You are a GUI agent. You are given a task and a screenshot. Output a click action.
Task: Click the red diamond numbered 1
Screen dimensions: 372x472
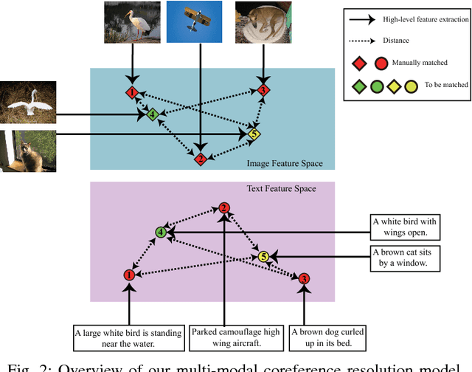pyautogui.click(x=131, y=93)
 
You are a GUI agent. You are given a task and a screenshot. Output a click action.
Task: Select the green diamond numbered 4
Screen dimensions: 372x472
pyautogui.click(x=151, y=114)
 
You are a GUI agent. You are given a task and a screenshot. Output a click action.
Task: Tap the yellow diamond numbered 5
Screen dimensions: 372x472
pyautogui.click(x=254, y=134)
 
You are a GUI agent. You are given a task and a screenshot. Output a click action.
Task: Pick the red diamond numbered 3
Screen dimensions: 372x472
pyautogui.click(x=263, y=90)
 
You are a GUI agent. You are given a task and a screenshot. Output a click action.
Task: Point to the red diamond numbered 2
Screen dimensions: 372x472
pyautogui.click(x=200, y=159)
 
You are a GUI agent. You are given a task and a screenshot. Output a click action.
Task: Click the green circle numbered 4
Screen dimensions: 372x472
pyautogui.click(x=160, y=232)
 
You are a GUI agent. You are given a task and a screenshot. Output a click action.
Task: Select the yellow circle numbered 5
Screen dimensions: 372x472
pyautogui.click(x=263, y=256)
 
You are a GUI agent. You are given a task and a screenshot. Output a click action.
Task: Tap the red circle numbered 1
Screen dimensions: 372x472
pyautogui.click(x=129, y=275)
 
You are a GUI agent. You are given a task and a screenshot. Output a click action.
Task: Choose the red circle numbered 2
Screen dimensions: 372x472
pyautogui.click(x=224, y=208)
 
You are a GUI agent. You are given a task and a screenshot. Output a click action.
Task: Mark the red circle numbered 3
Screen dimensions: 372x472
pyautogui.click(x=304, y=278)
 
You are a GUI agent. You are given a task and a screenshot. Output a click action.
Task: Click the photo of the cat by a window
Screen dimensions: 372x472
pyautogui.click(x=29, y=151)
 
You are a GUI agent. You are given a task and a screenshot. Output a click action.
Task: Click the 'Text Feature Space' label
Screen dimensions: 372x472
pyautogui.click(x=280, y=189)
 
